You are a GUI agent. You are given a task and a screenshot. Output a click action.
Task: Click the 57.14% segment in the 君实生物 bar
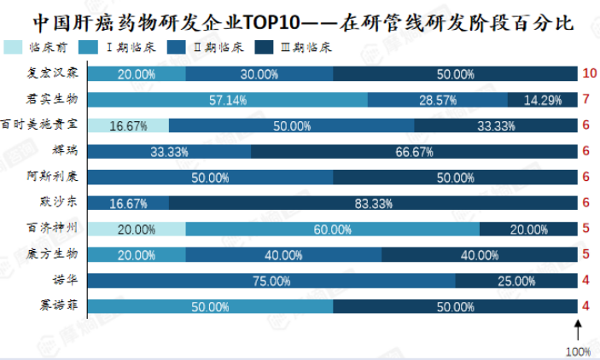[x=228, y=100]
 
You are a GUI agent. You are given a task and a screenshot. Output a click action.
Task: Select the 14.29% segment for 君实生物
[x=542, y=100]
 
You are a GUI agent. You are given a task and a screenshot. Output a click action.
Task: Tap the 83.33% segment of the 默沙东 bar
[x=373, y=203]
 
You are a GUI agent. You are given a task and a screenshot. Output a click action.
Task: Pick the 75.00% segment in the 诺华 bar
[x=271, y=281]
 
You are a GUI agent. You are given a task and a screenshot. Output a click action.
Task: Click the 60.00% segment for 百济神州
[x=333, y=229]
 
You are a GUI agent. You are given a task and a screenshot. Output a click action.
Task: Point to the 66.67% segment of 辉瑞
[x=414, y=152]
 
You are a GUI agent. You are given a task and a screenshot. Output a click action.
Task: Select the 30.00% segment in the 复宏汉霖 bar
[x=259, y=74]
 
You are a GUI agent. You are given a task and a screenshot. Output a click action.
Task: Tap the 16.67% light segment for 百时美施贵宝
[x=129, y=125]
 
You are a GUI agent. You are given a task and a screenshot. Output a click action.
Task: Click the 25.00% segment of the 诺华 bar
[x=516, y=281]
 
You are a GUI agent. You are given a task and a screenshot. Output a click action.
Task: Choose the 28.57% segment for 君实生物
[x=438, y=100]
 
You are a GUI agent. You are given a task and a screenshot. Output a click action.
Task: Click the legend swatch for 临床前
[x=13, y=48]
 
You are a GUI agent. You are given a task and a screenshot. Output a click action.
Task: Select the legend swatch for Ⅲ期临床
[x=264, y=48]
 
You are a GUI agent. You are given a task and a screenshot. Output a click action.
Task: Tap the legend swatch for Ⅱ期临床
[x=177, y=48]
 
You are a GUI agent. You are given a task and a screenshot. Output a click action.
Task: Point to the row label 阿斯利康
[x=52, y=176]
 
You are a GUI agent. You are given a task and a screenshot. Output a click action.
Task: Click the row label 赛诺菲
[x=59, y=305]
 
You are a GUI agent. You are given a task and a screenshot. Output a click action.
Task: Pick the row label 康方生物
[x=52, y=253]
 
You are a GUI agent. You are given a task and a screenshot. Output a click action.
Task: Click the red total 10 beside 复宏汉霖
[x=589, y=73]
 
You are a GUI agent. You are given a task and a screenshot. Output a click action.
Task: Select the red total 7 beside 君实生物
[x=585, y=99]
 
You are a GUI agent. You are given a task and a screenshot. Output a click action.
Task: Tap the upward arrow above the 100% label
[x=578, y=330]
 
